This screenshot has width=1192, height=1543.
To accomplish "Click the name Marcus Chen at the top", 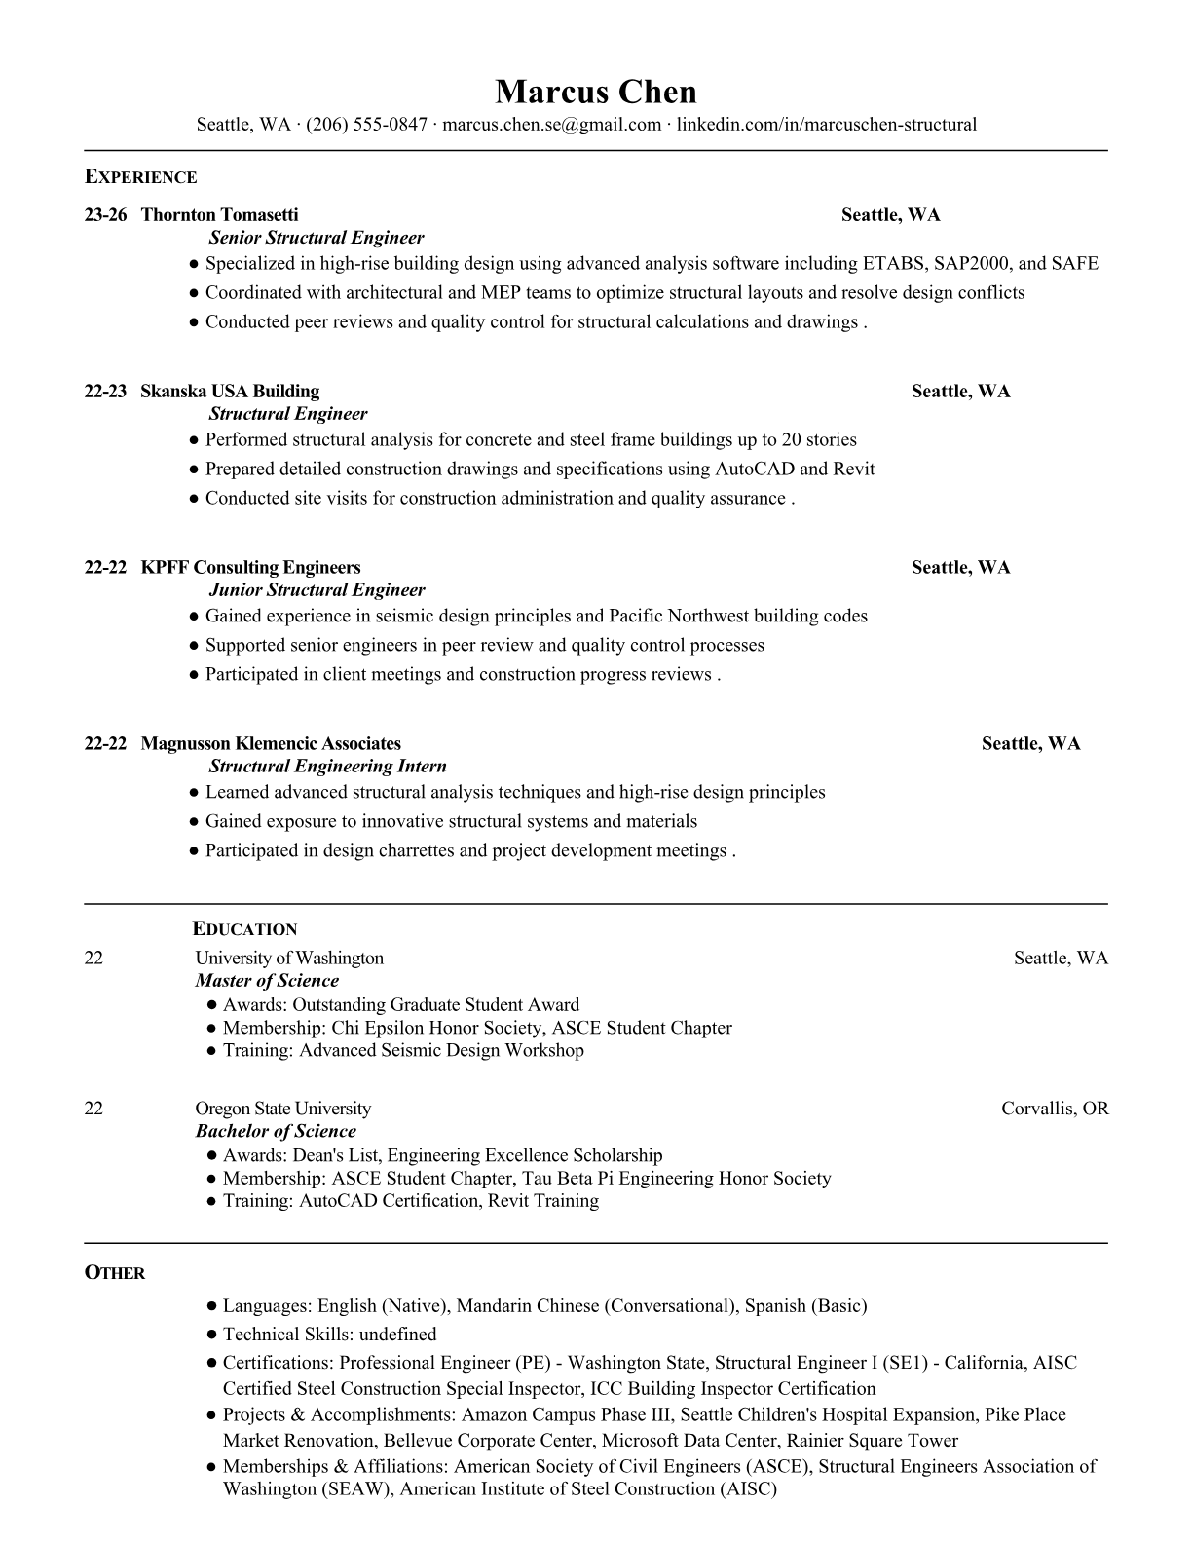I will click(595, 93).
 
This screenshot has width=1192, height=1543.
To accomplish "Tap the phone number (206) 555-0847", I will click(366, 125).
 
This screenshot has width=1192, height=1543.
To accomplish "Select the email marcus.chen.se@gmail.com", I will click(552, 125).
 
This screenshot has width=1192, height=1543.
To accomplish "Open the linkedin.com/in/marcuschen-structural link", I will click(826, 125).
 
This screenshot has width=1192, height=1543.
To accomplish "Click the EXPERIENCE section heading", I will click(140, 177).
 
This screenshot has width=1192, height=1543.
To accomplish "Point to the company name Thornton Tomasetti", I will click(219, 215).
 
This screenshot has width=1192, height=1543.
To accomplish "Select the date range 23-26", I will click(105, 215).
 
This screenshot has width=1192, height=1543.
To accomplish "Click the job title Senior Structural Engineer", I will click(317, 238).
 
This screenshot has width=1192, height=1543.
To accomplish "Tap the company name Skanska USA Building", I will click(230, 392).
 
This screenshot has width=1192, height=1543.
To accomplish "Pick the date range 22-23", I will click(105, 392).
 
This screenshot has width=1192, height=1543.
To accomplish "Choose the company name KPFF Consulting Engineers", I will click(250, 568).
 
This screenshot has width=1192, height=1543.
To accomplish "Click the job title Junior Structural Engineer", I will click(317, 590).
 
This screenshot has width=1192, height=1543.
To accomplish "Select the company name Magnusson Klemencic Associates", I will click(271, 744).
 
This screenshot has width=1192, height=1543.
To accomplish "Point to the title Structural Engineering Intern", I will click(327, 767).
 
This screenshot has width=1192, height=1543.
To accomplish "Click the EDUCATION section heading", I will click(244, 929).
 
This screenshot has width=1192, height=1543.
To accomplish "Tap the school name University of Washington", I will click(289, 959).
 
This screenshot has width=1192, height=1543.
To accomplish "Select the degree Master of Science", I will click(267, 981).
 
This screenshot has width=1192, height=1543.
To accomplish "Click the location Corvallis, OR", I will click(1055, 1109).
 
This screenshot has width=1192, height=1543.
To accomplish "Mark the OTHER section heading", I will click(114, 1273).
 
